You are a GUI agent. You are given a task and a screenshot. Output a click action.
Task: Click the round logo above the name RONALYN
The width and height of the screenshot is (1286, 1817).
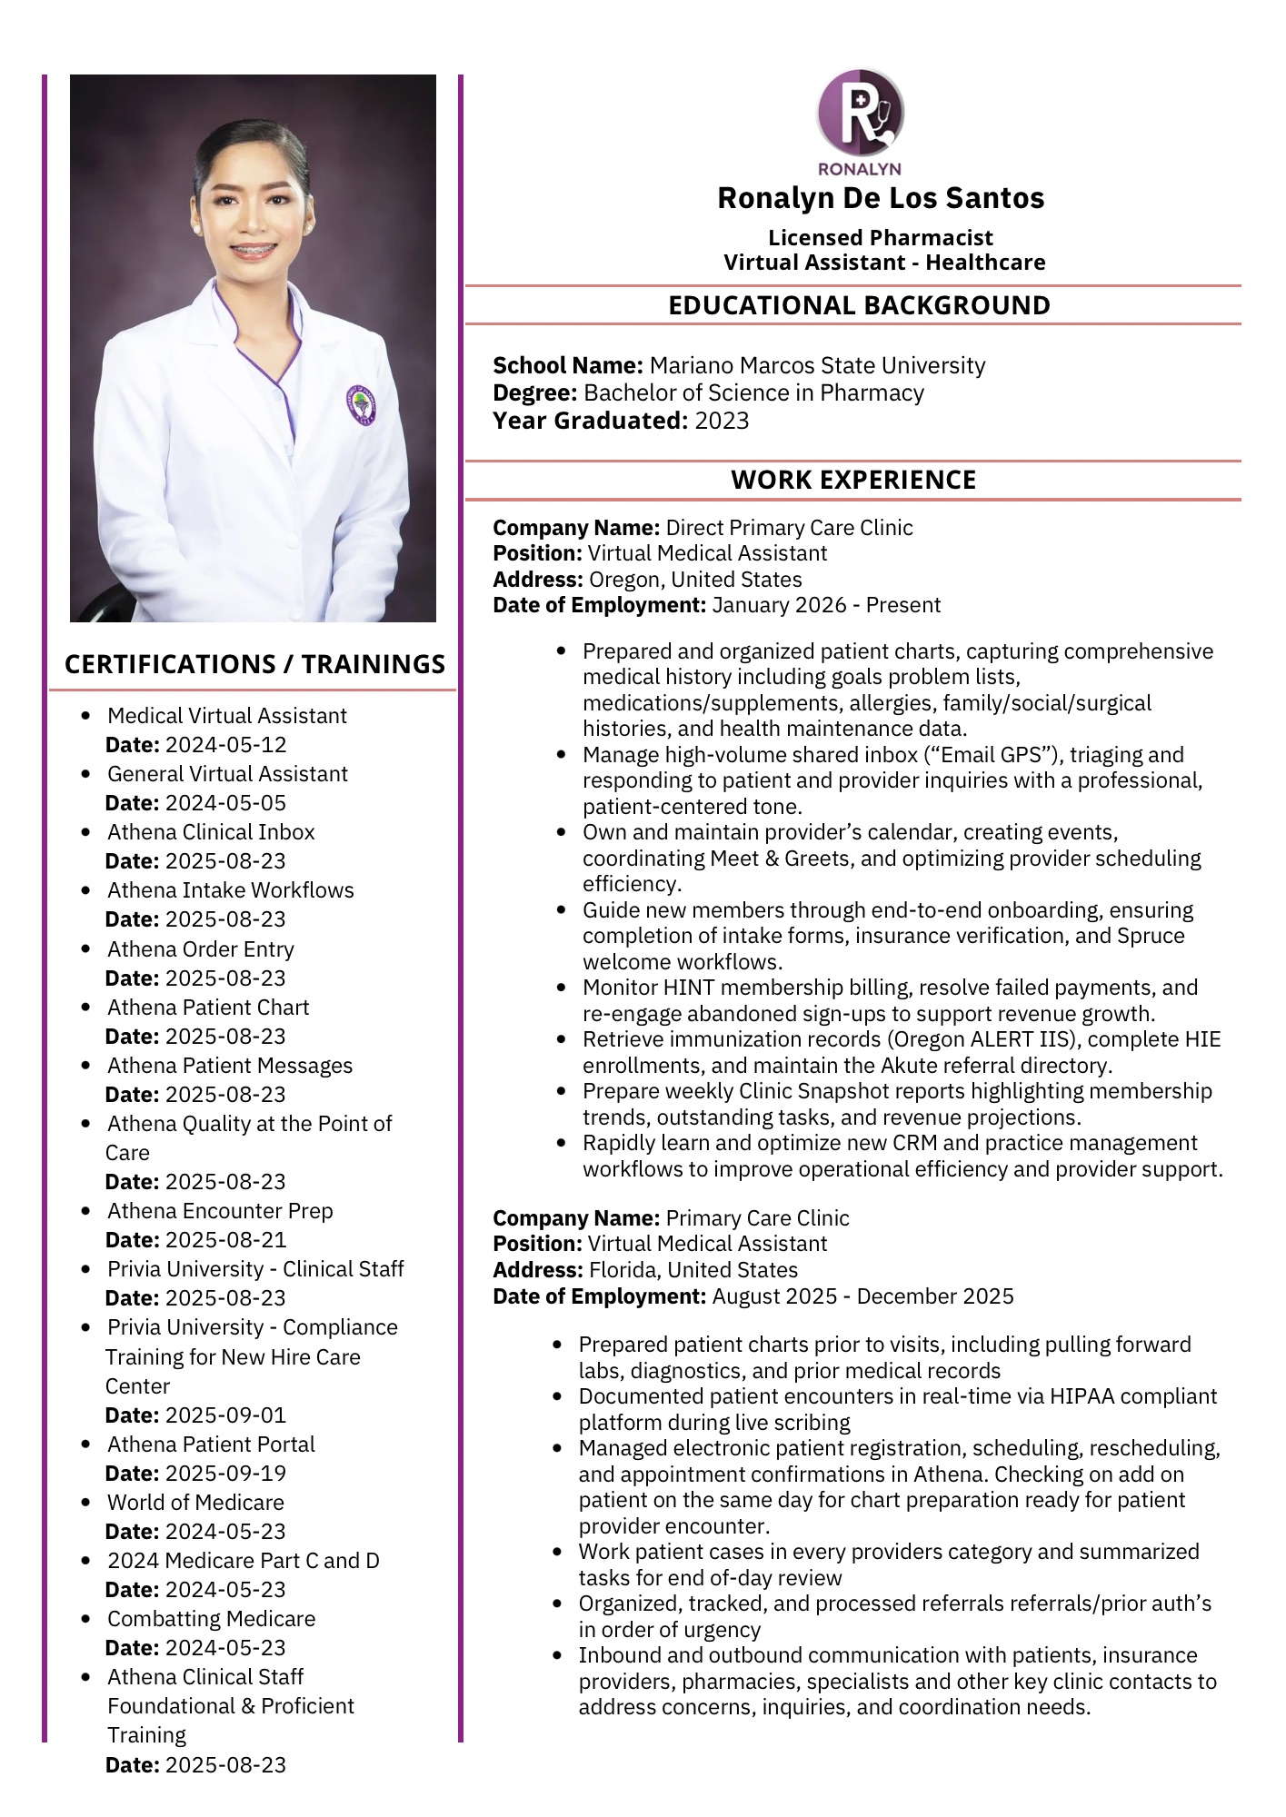[x=860, y=111]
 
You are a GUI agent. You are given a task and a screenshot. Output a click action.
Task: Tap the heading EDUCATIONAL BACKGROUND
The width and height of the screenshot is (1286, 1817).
[x=859, y=305]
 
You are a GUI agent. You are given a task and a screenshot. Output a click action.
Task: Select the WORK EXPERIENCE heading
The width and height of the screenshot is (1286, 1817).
[x=853, y=480]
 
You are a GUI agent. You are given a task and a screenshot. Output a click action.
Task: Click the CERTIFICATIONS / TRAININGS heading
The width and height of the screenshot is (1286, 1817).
[x=254, y=664]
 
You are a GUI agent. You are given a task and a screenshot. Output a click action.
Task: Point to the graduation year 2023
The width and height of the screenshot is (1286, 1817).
[x=722, y=421]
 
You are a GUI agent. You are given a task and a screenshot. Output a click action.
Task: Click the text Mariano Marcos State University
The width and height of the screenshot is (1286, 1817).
[x=817, y=365]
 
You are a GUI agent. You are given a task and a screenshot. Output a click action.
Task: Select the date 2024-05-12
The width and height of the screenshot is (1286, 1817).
[x=226, y=745]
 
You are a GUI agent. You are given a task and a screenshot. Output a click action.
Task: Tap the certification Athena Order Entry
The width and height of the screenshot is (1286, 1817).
[x=201, y=949]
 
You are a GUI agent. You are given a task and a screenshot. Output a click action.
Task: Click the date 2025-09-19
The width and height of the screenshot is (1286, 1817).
[x=226, y=1474]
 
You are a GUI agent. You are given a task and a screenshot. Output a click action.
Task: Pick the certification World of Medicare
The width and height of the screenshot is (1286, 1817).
[x=195, y=1503]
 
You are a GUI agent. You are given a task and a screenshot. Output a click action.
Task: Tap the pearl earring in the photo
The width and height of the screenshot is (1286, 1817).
[x=309, y=221]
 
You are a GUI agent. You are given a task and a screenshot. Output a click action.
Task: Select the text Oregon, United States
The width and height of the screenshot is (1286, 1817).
[x=695, y=580]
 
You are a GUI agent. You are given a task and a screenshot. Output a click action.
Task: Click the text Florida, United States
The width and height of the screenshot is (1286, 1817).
[x=693, y=1270]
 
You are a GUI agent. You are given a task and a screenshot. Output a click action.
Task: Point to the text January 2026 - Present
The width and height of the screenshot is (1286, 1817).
[x=826, y=605]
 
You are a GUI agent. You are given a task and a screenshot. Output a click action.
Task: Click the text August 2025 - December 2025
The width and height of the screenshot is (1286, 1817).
[x=862, y=1296]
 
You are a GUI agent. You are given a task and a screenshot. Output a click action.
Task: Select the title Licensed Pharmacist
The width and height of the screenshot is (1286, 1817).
[x=880, y=238]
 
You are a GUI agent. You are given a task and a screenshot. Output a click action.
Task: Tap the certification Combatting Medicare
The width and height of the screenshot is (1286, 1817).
[x=211, y=1619]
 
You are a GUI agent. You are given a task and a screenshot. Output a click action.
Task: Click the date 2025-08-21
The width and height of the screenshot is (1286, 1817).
[x=226, y=1240]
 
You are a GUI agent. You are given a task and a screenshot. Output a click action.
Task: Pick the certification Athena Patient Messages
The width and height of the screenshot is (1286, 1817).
[x=230, y=1066]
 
